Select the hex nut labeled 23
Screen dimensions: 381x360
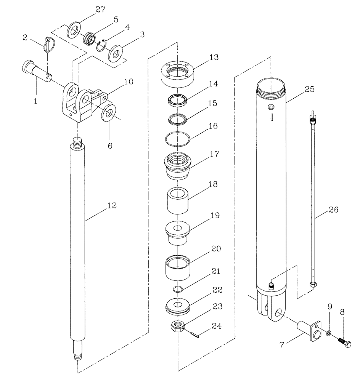[x=178, y=326]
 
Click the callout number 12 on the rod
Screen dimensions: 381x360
[x=112, y=205]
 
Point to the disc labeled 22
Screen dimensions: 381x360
[x=178, y=306]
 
